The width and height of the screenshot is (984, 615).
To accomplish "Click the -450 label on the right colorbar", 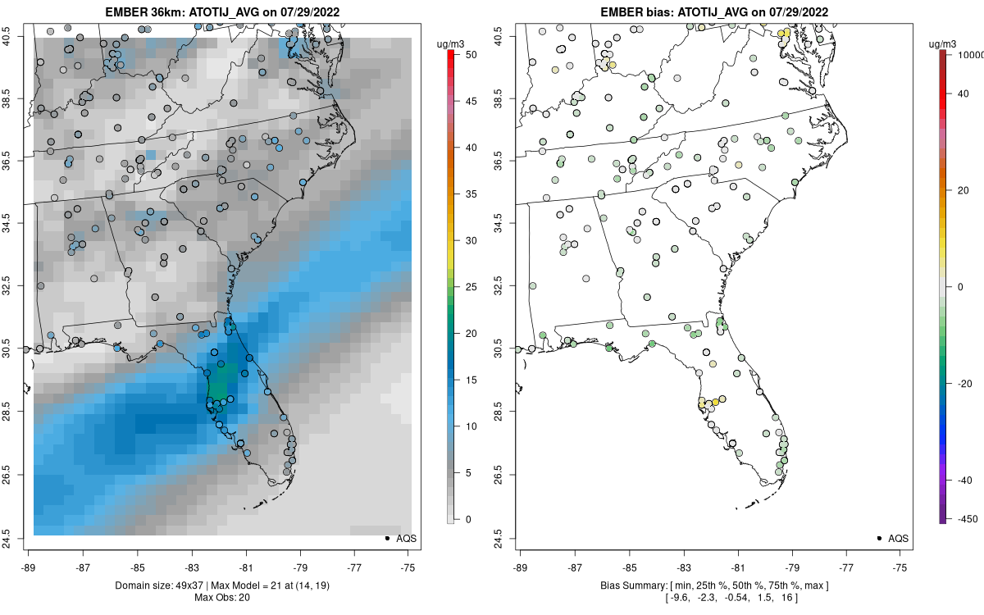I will coord(965,518).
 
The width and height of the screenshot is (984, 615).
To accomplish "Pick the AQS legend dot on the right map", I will coord(879,538).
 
